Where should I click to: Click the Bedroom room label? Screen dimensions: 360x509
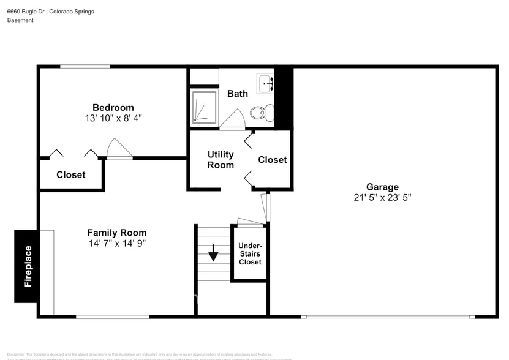pyautogui.click(x=113, y=108)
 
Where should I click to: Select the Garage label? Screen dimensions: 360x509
pyautogui.click(x=382, y=187)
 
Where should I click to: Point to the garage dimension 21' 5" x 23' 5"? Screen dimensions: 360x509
pyautogui.click(x=382, y=197)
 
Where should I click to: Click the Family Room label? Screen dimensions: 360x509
pyautogui.click(x=116, y=233)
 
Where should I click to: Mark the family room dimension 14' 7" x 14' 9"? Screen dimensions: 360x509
pyautogui.click(x=116, y=243)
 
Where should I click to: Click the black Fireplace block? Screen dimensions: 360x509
pyautogui.click(x=27, y=266)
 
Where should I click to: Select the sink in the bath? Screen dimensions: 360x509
pyautogui.click(x=265, y=83)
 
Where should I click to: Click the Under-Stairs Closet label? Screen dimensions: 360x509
pyautogui.click(x=250, y=253)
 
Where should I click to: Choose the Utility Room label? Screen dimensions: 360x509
pyautogui.click(x=221, y=160)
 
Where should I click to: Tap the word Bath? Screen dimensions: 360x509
pyautogui.click(x=238, y=94)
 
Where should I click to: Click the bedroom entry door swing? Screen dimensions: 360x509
pyautogui.click(x=119, y=149)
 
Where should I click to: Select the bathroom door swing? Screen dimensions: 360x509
pyautogui.click(x=232, y=120)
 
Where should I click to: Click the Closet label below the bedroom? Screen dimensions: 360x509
pyautogui.click(x=71, y=175)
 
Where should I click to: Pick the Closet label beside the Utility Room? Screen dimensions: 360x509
pyautogui.click(x=272, y=160)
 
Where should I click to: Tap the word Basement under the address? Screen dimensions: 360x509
pyautogui.click(x=20, y=20)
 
